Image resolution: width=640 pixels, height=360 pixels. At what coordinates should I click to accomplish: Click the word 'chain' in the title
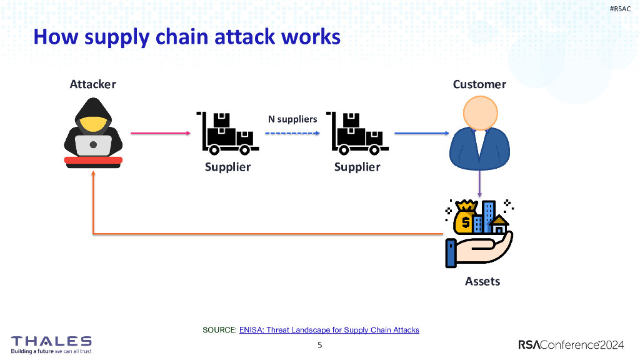172,37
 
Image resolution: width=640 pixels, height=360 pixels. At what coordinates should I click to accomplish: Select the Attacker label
92,84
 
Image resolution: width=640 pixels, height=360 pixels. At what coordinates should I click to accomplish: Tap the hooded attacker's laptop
94,146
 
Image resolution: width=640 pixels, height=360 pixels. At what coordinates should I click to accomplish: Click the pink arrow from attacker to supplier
160,133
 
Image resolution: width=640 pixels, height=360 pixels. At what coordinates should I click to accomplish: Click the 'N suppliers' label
292,119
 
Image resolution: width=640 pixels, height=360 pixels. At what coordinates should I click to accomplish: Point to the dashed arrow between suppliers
292,133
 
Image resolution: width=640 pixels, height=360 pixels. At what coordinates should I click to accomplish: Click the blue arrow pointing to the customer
422,133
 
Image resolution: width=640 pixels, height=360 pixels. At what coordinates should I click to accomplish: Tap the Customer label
479,84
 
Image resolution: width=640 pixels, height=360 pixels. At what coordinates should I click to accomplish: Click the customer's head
480,113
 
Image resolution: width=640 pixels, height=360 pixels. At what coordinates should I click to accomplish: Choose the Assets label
482,281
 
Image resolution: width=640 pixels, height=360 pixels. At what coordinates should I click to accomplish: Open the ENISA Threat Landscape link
329,330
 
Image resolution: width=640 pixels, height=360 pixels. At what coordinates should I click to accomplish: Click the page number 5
320,345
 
